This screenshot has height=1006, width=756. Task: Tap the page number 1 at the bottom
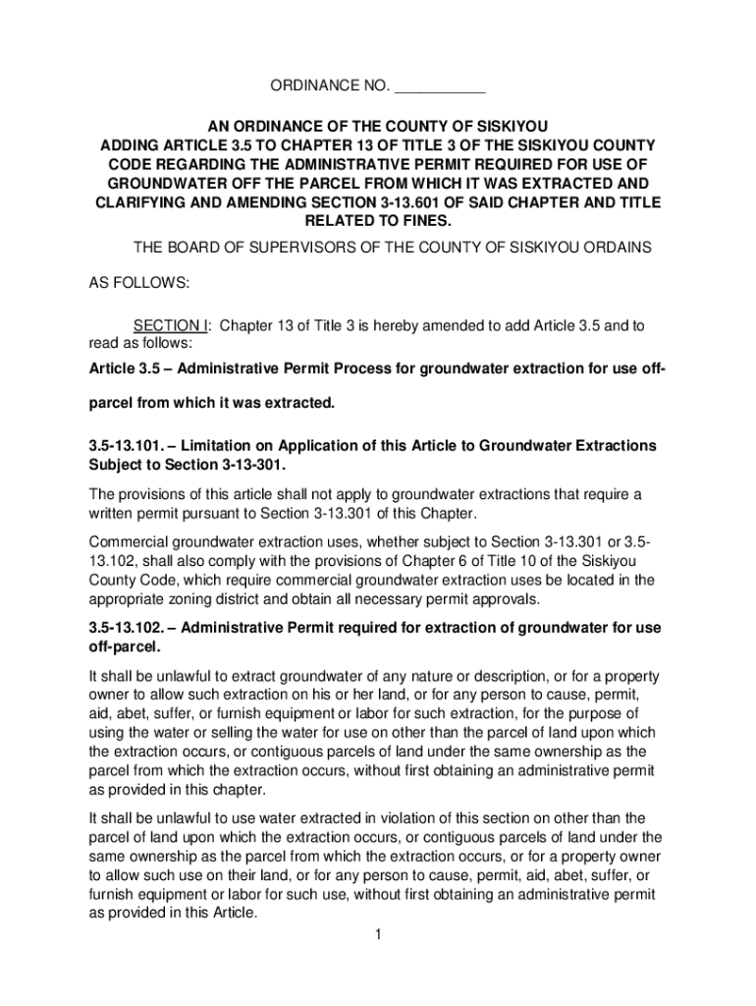(377, 933)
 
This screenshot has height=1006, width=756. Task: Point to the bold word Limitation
(219, 446)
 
